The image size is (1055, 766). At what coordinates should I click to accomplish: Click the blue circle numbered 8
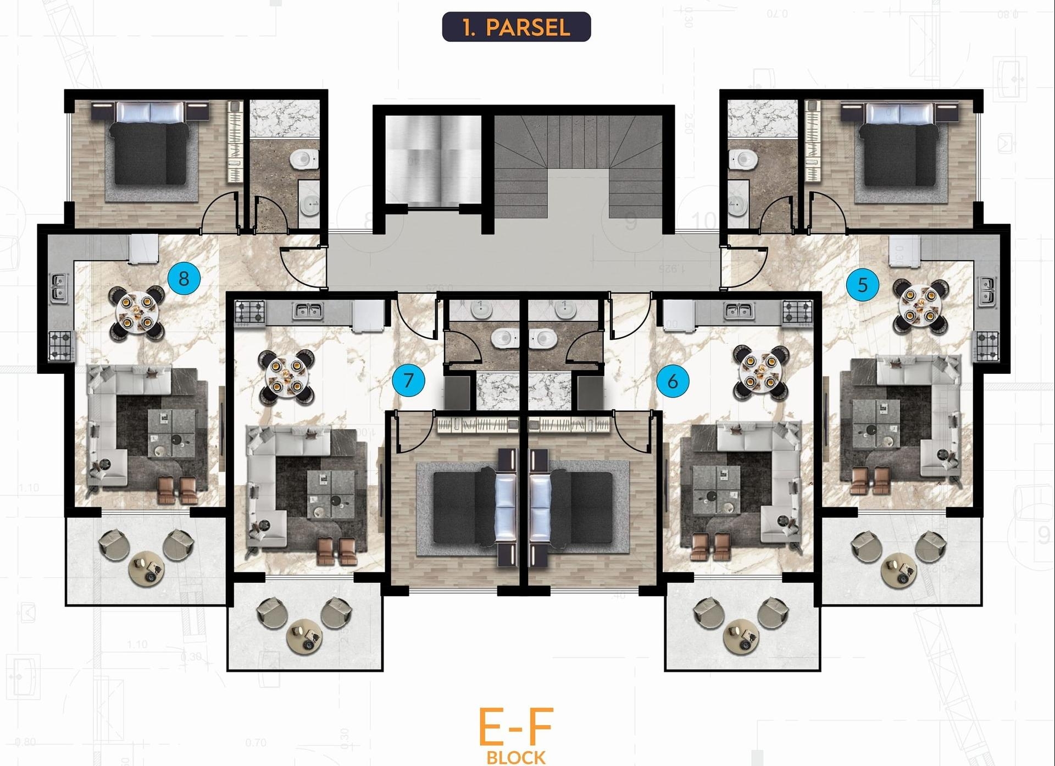tap(184, 278)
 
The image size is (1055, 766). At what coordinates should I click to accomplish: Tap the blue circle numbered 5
tap(862, 285)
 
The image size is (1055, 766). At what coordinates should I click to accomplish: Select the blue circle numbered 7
tap(408, 380)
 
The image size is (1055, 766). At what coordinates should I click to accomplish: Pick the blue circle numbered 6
tap(673, 381)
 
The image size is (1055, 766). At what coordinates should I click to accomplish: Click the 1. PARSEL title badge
tap(516, 27)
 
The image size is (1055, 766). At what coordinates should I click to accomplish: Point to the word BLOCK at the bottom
tap(516, 758)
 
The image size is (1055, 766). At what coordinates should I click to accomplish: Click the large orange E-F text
tap(515, 726)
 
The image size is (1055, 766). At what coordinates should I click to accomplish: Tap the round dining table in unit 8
tap(138, 312)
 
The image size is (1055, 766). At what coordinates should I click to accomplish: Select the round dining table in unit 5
tap(920, 306)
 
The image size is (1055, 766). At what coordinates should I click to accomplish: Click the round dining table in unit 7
tap(286, 376)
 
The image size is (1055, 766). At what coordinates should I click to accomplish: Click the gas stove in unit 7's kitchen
tap(250, 312)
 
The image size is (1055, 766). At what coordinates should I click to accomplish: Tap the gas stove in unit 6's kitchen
tap(797, 312)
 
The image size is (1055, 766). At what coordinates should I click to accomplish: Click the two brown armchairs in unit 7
tap(339, 551)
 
